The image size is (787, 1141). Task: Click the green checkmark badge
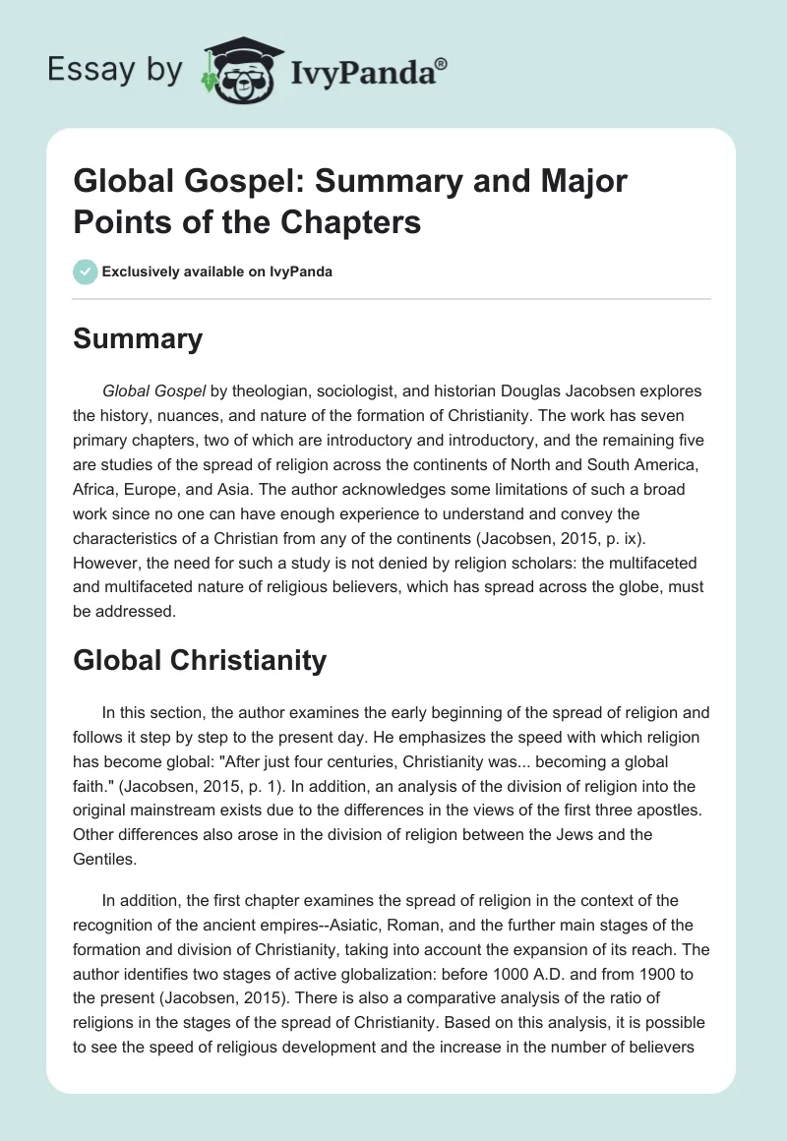point(85,271)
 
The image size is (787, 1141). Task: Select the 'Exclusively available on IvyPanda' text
point(216,271)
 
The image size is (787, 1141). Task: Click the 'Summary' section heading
point(138,339)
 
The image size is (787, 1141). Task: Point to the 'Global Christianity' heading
point(200,660)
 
